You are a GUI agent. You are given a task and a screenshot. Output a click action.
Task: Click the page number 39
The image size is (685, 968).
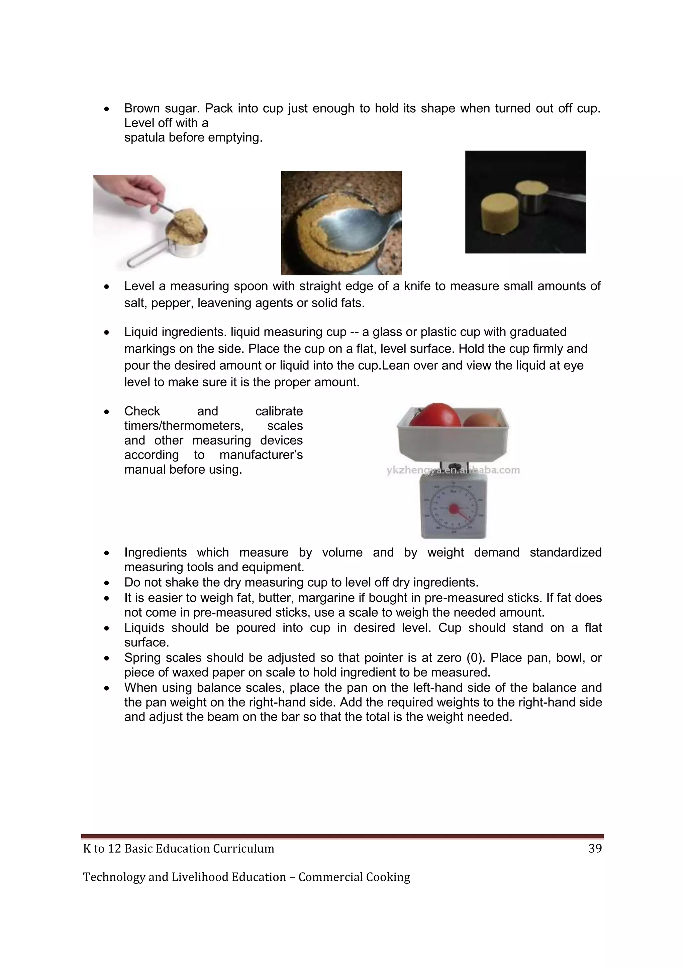click(595, 848)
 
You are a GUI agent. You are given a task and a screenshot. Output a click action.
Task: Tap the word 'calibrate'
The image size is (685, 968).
click(279, 411)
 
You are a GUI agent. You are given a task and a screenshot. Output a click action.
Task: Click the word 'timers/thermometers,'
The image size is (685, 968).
click(184, 426)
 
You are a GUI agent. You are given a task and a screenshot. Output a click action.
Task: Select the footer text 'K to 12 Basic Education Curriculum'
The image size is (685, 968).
click(178, 848)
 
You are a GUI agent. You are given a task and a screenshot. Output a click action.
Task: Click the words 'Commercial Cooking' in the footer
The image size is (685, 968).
click(354, 877)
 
